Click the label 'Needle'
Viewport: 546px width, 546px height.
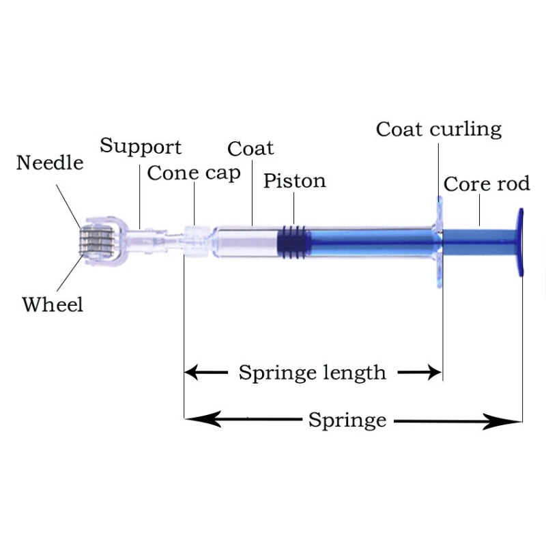point(50,164)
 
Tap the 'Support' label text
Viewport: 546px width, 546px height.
point(141,147)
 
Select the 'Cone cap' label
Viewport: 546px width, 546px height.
point(194,173)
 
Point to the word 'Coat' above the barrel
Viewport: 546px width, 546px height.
point(250,148)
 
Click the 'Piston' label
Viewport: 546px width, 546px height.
point(295,181)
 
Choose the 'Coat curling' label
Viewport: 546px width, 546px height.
point(439,129)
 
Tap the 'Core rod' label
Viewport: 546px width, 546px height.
point(487,184)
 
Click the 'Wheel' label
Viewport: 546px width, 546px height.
point(53,304)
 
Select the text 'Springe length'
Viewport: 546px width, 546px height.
point(312,373)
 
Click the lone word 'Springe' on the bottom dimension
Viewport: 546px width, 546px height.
point(347,420)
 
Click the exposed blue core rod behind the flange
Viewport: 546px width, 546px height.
point(478,239)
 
